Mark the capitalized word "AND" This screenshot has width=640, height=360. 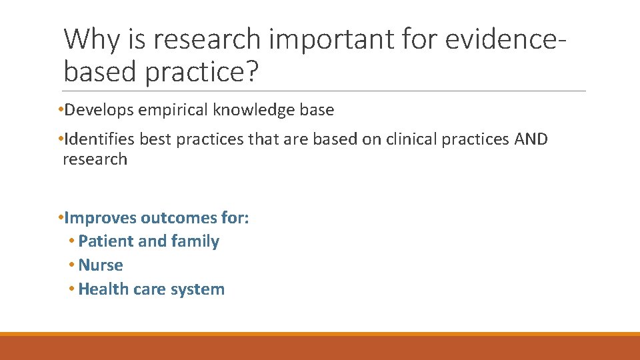pyautogui.click(x=531, y=139)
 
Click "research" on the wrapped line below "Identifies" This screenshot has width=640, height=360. pyautogui.click(x=94, y=159)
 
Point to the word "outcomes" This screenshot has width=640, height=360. pyautogui.click(x=176, y=218)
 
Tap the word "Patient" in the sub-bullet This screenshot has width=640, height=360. pyautogui.click(x=103, y=241)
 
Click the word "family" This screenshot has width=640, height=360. pyautogui.click(x=195, y=241)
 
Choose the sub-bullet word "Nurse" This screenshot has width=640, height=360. pyautogui.click(x=101, y=265)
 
